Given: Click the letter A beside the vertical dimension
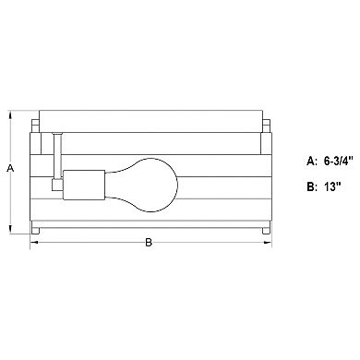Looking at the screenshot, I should [10, 169].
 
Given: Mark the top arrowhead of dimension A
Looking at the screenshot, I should [10, 116].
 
